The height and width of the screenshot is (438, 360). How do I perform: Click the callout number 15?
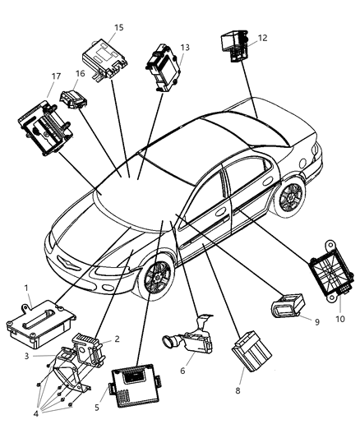(x=118, y=27)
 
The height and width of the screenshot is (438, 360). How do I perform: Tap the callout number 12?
(x=262, y=38)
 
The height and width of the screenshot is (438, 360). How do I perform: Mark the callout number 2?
(x=118, y=338)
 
